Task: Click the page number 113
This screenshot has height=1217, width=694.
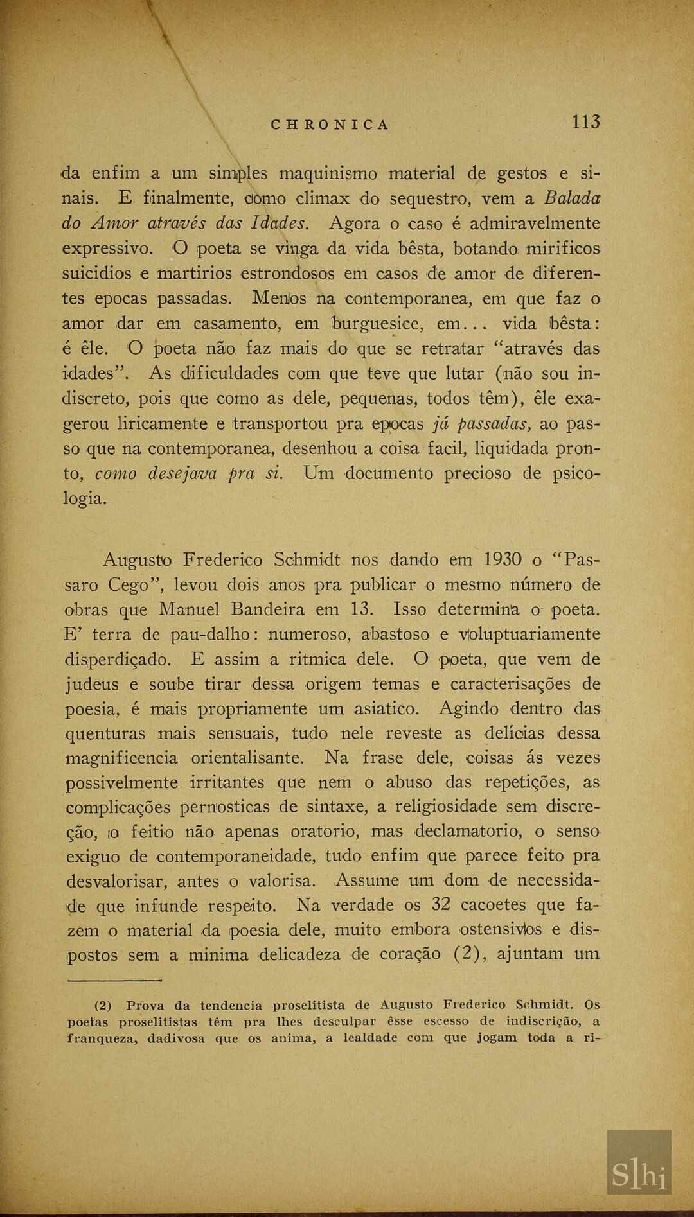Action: tap(585, 122)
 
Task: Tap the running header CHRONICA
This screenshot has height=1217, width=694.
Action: tap(330, 125)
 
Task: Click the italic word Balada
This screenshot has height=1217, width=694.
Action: tap(572, 198)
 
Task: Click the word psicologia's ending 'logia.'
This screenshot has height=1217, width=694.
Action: tap(84, 499)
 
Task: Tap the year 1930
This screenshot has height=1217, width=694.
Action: tap(503, 559)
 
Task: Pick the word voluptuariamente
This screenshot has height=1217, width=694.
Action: tap(529, 635)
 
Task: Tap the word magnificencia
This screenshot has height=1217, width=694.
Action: tap(121, 758)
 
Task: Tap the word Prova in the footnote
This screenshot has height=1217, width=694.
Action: tap(145, 1006)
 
